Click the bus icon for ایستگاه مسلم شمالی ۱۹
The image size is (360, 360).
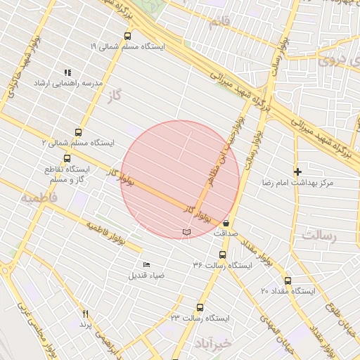127,36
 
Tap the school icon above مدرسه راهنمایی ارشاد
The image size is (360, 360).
68,72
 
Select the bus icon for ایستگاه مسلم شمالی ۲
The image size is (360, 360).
77,131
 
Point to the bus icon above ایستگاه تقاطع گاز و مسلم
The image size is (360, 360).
67,158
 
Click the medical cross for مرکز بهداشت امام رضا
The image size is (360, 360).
297,172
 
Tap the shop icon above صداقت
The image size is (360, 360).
225,222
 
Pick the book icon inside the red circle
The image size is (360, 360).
186,231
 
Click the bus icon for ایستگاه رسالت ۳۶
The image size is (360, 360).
222,255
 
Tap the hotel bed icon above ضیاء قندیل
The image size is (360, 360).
146,264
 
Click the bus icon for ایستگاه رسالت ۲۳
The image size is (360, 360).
200,307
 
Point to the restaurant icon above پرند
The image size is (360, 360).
86,314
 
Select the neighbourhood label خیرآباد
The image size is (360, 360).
212,344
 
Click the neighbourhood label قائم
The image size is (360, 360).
219,22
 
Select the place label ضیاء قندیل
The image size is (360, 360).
146,275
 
